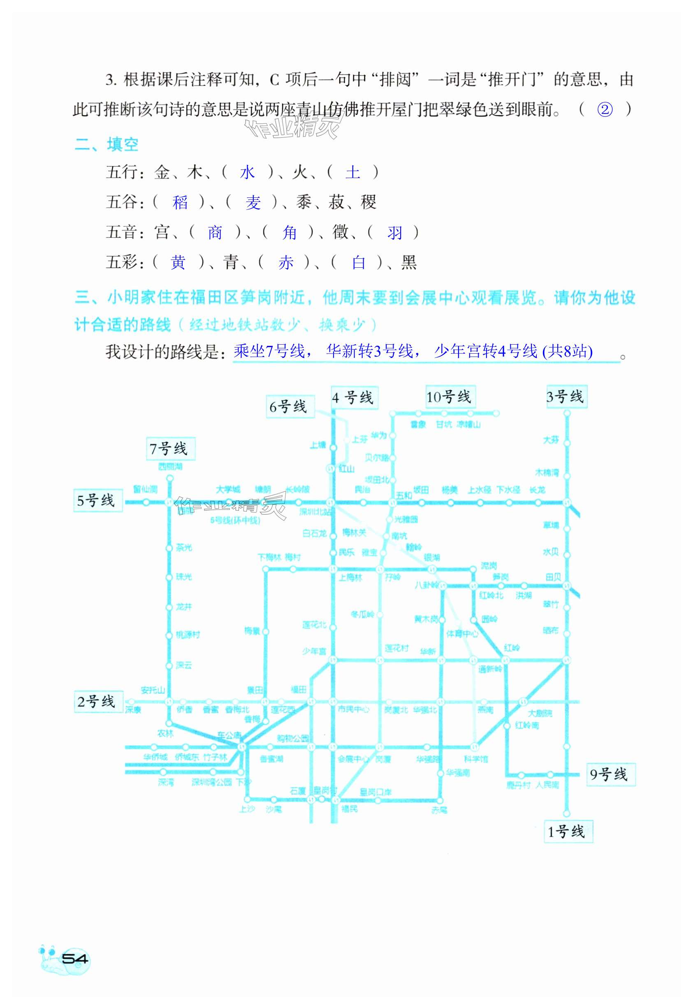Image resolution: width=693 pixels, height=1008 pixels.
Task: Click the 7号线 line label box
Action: (x=171, y=448)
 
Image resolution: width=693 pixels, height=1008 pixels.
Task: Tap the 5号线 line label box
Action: (x=98, y=501)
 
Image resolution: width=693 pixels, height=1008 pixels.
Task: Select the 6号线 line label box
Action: (x=290, y=407)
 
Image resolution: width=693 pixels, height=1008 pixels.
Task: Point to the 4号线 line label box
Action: (x=354, y=398)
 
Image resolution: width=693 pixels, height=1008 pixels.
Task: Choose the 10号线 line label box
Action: (x=450, y=397)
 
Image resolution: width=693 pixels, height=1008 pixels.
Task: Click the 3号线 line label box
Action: (x=566, y=396)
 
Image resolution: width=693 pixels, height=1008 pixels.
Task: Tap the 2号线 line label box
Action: (x=98, y=701)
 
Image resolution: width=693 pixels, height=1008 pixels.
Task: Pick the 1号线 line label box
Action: (x=568, y=831)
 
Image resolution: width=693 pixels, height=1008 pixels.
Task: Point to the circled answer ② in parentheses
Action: (x=605, y=110)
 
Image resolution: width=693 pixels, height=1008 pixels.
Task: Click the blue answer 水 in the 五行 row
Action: (x=247, y=173)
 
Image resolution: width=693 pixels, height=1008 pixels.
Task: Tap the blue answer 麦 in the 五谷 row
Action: (x=253, y=203)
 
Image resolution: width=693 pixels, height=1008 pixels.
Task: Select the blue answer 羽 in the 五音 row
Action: (x=394, y=233)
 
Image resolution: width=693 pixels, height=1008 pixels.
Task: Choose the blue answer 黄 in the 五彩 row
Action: (x=178, y=263)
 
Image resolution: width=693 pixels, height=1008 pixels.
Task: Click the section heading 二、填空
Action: (x=107, y=145)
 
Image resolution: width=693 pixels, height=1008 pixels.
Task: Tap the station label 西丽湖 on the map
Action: (x=170, y=467)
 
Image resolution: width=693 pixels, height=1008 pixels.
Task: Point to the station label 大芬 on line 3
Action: (x=551, y=440)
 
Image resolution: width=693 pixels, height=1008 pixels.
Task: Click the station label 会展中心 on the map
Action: (x=353, y=759)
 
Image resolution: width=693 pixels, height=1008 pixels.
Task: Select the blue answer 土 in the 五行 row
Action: (x=352, y=173)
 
